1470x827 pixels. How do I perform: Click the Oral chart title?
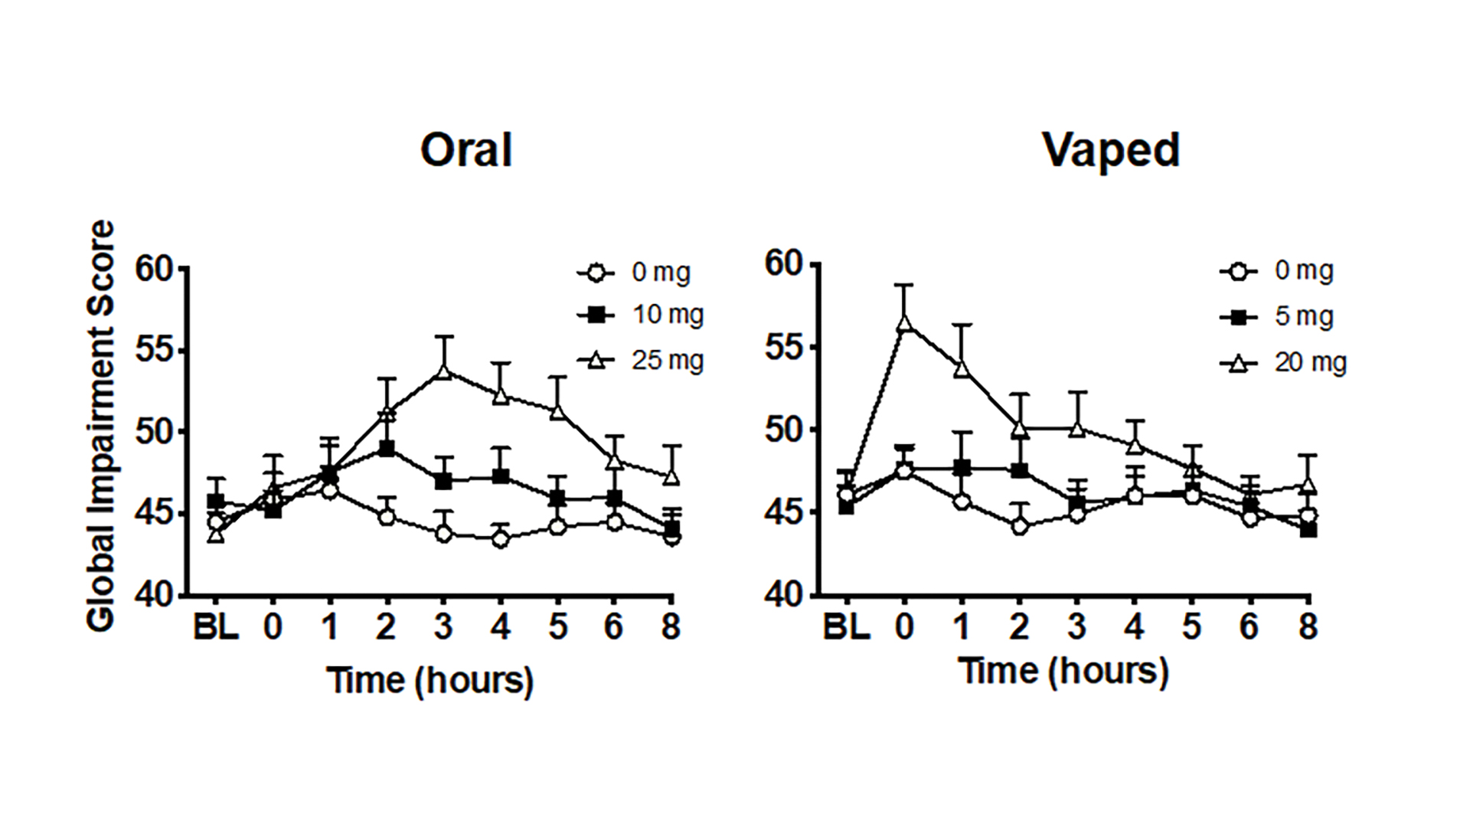[465, 150]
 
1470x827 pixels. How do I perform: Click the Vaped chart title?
[1110, 150]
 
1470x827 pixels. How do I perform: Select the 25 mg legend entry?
[642, 360]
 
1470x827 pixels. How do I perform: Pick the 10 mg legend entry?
[642, 315]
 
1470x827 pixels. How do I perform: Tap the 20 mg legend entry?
[1285, 362]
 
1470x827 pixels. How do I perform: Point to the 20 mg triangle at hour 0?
[905, 323]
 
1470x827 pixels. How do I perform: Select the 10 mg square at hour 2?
[387, 448]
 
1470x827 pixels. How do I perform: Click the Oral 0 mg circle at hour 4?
[501, 539]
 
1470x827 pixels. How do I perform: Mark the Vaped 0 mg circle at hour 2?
[1019, 526]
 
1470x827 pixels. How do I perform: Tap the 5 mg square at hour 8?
[1308, 529]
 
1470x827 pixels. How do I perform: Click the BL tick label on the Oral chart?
[215, 627]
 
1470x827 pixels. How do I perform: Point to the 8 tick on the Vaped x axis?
[1308, 626]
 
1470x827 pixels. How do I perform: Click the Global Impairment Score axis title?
[101, 426]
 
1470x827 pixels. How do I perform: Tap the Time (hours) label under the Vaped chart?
[1063, 672]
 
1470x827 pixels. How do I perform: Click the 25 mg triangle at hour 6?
[614, 462]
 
